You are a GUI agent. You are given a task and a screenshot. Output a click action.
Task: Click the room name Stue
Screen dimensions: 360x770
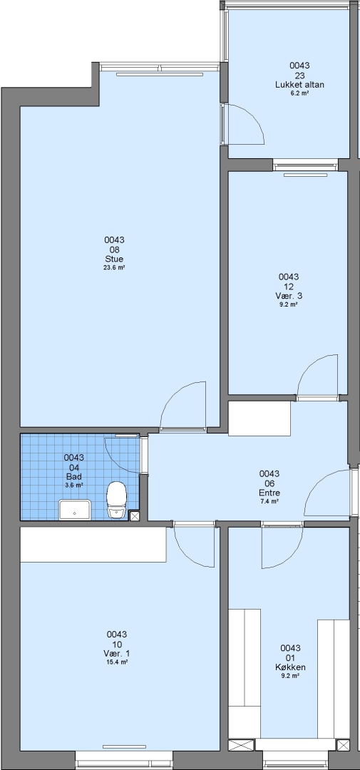114,259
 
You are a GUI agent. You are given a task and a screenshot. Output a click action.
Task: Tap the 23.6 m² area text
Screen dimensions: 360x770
114,267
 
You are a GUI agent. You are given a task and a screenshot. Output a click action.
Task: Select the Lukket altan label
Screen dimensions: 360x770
299,84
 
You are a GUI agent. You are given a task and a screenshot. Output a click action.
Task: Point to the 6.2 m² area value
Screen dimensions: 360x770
299,93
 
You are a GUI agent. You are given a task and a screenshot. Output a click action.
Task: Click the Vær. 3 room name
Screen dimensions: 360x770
289,296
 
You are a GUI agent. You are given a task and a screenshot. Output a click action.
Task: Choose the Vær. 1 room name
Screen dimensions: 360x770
117,654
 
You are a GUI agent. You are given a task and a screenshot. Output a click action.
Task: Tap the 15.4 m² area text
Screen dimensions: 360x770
117,662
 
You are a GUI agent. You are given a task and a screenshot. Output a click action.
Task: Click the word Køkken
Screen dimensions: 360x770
290,667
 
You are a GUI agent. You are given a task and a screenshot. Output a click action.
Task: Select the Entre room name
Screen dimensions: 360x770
269,493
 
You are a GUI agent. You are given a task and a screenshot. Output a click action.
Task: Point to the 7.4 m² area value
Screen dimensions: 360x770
269,501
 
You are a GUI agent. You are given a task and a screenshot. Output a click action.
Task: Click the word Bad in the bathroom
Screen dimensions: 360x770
73,476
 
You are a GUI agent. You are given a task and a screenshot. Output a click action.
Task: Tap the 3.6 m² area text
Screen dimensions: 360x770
73,485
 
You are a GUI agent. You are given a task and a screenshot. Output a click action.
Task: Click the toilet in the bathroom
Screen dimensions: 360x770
117,499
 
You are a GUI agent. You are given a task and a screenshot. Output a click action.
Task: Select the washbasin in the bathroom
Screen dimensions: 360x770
75,510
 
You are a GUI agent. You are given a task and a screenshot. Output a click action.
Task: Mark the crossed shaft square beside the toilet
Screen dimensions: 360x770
134,515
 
